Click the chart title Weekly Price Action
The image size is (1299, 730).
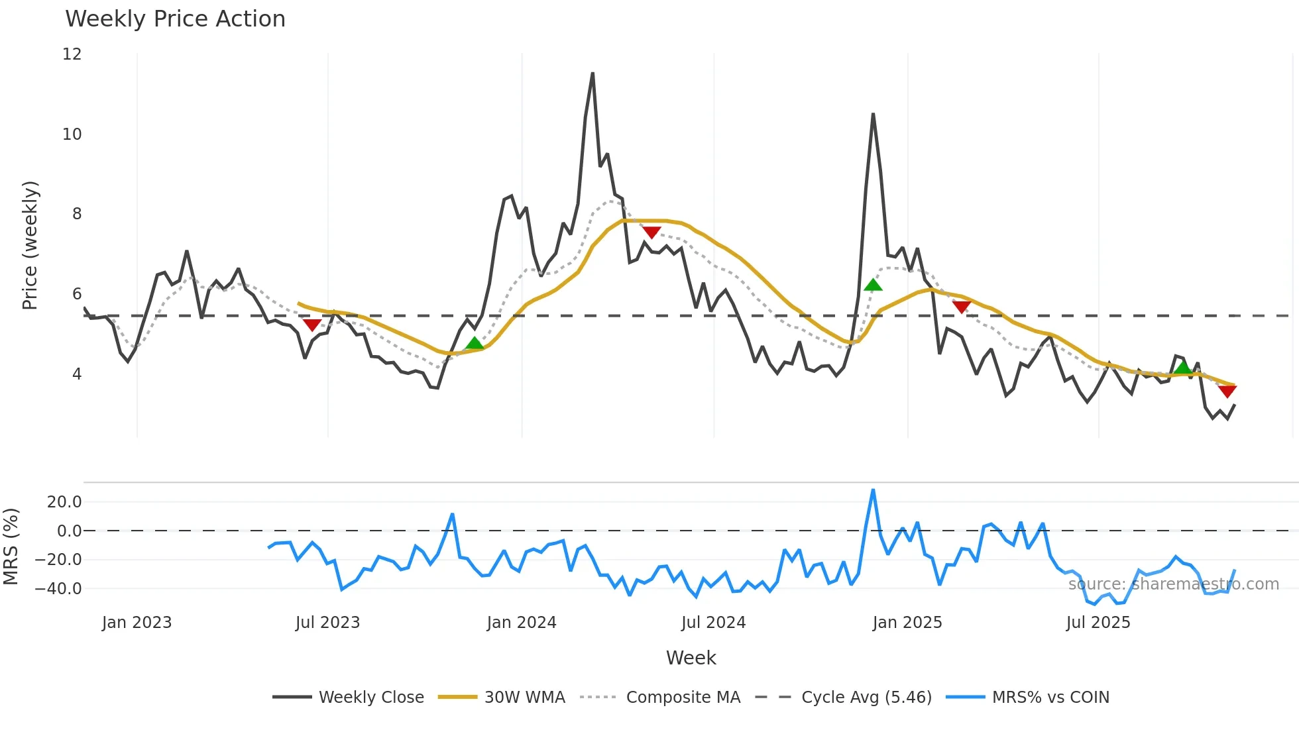[175, 19]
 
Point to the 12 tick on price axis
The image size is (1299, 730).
[72, 54]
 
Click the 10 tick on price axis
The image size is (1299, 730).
[72, 134]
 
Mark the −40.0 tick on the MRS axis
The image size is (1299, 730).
[58, 589]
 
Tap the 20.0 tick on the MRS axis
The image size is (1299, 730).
[64, 502]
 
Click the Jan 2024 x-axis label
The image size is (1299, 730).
[522, 623]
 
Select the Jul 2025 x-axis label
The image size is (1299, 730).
[1098, 623]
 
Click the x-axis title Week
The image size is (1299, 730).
[691, 658]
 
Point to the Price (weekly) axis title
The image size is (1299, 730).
[30, 245]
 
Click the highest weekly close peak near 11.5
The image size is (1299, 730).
[593, 74]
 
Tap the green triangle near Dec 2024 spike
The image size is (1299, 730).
[873, 285]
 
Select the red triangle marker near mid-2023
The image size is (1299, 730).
[311, 325]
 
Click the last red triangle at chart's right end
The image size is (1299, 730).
[1227, 391]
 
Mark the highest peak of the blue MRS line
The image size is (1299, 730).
[873, 490]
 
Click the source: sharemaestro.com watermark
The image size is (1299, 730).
[1173, 584]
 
